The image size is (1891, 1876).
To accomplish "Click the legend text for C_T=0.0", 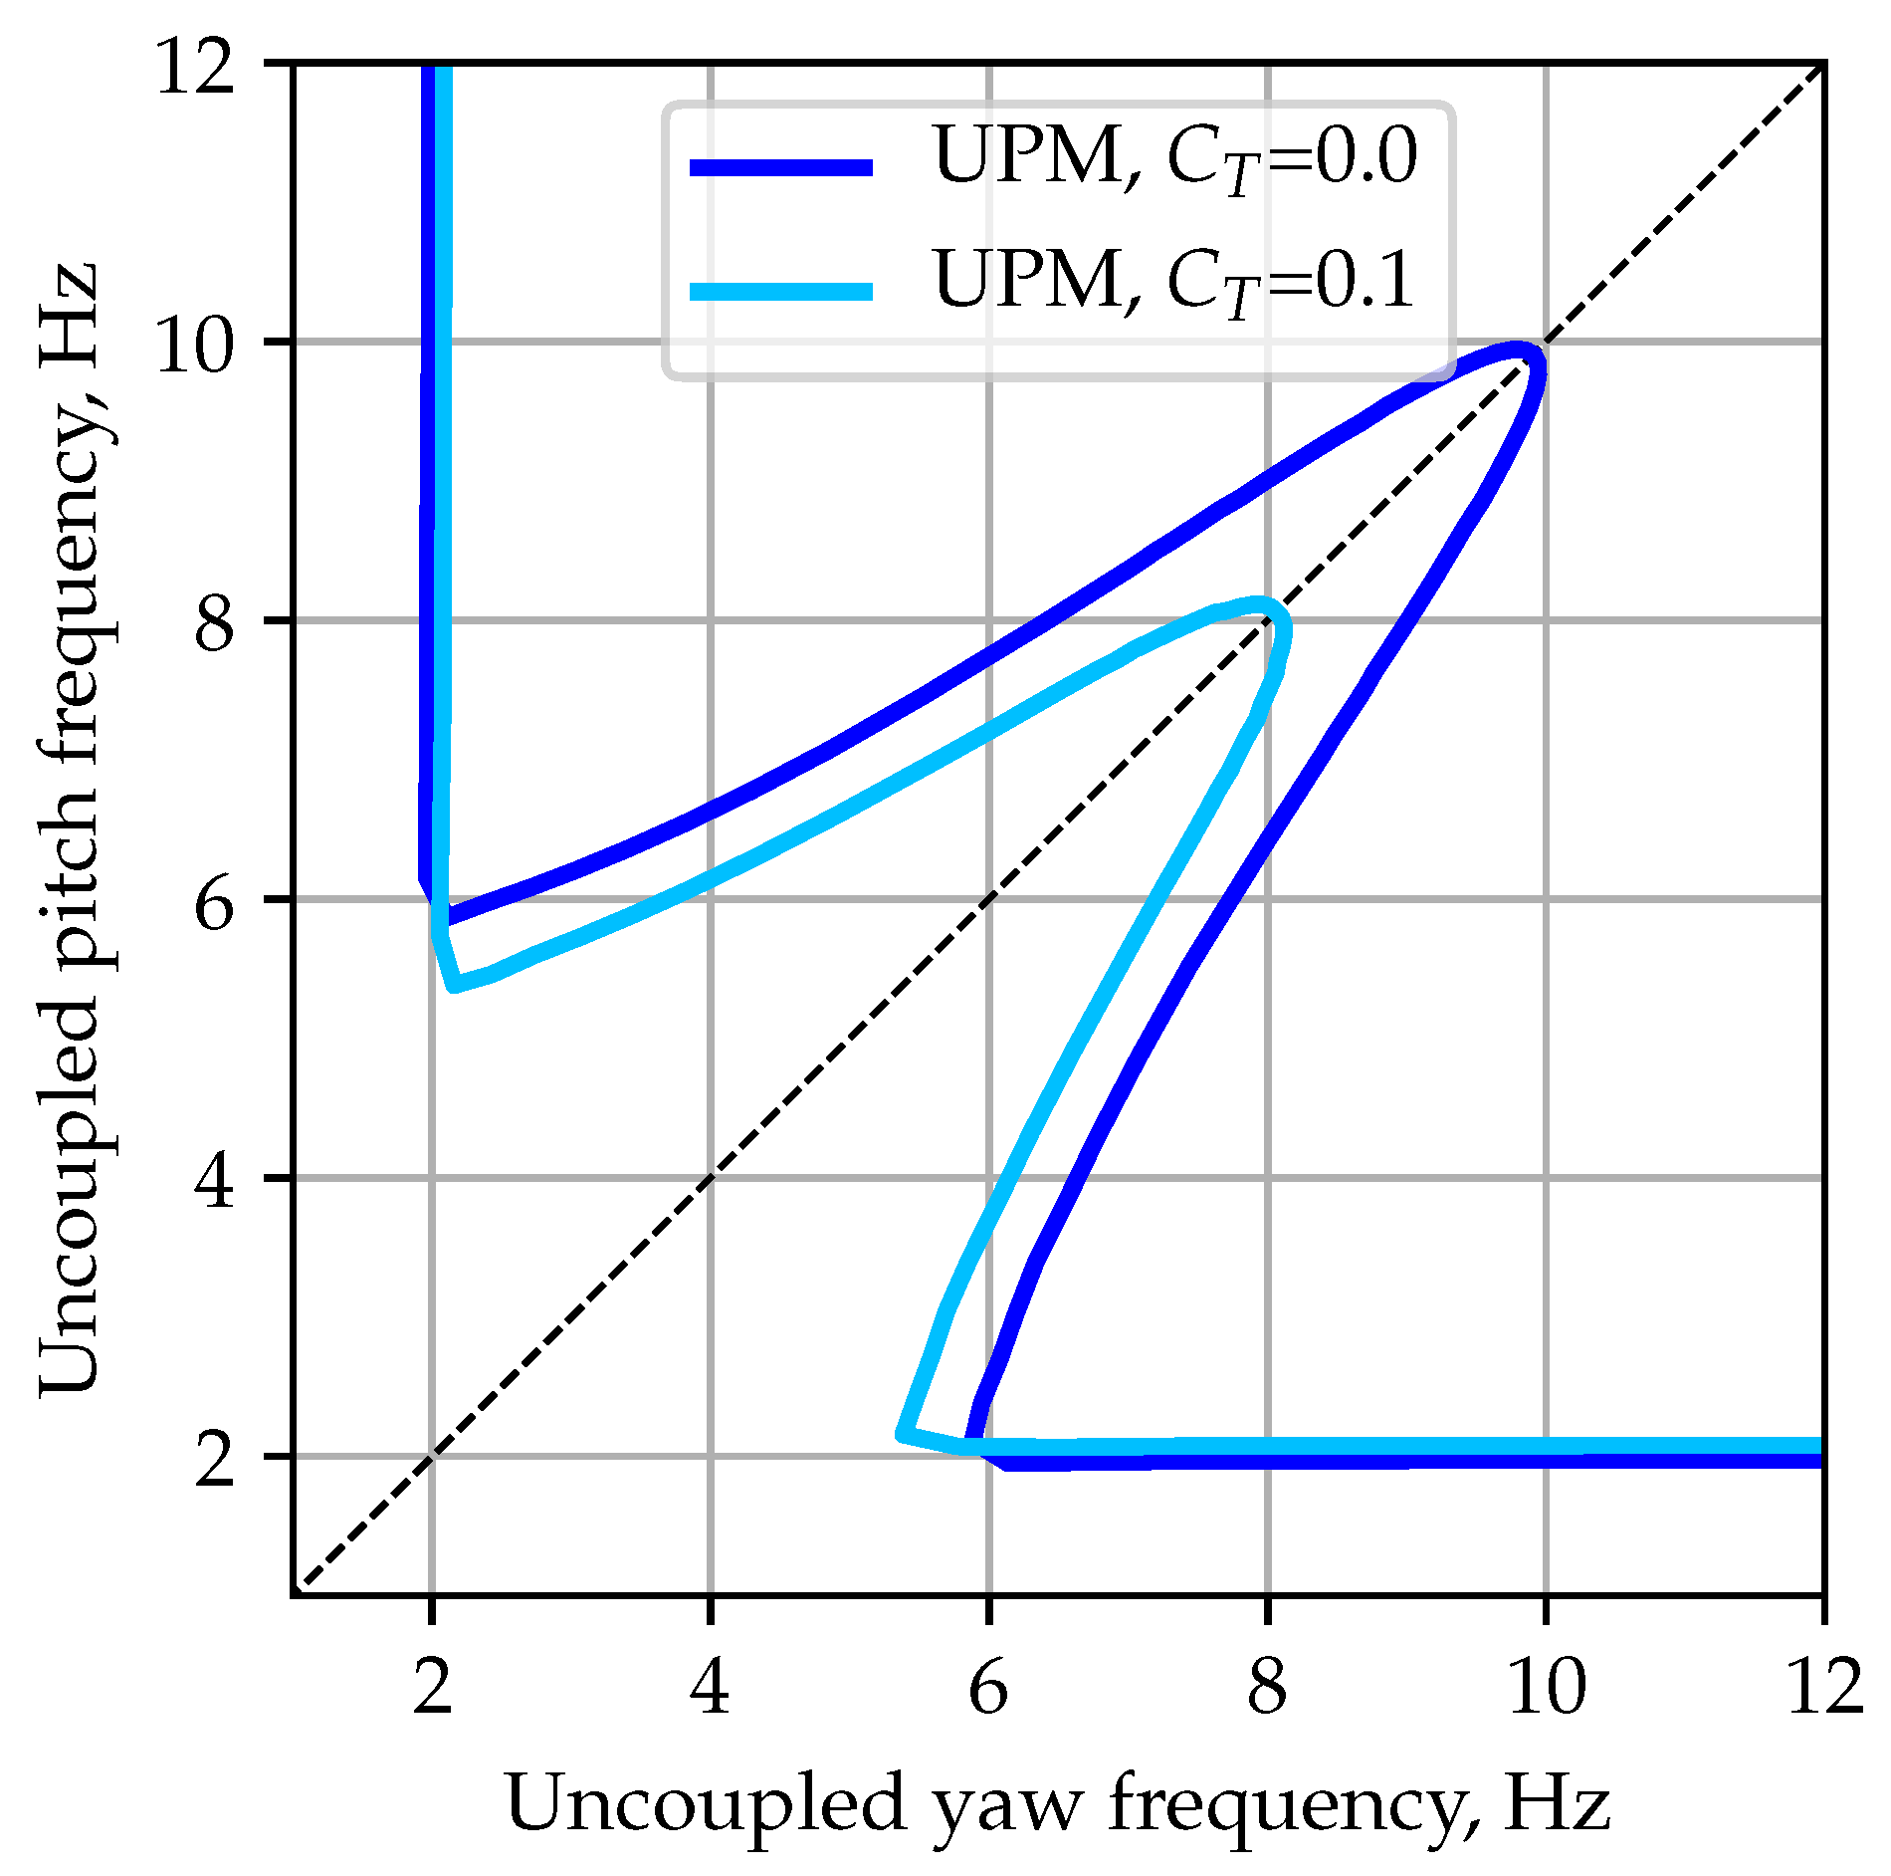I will pos(1174,159).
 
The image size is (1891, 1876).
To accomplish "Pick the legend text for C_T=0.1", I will pos(1174,282).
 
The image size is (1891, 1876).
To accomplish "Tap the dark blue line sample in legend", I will pos(781,168).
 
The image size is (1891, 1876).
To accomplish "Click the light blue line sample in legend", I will pos(781,292).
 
